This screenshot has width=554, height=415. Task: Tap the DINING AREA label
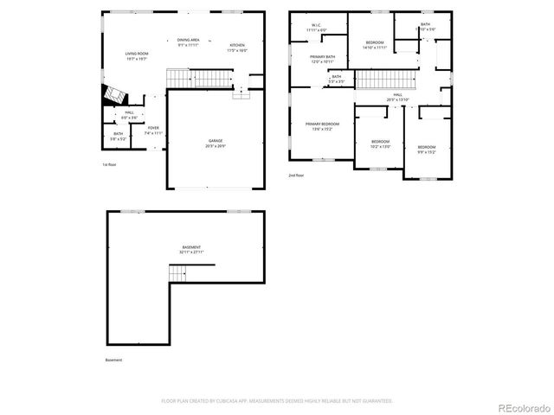pos(189,42)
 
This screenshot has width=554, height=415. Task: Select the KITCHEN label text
pos(236,48)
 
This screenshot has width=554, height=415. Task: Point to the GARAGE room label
pos(216,143)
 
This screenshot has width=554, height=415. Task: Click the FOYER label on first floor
pos(152,130)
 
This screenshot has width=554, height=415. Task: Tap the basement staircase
pos(178,273)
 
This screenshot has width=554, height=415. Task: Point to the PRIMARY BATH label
pos(323,59)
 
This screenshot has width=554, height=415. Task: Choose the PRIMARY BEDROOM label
pos(322,126)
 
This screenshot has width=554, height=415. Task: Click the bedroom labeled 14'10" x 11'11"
pos(374,45)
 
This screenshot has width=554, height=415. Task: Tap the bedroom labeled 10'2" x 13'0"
pos(381,144)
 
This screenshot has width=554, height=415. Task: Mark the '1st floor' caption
pos(109,164)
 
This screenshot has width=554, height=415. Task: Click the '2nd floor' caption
pos(296,175)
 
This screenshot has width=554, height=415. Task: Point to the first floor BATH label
pos(118,136)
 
